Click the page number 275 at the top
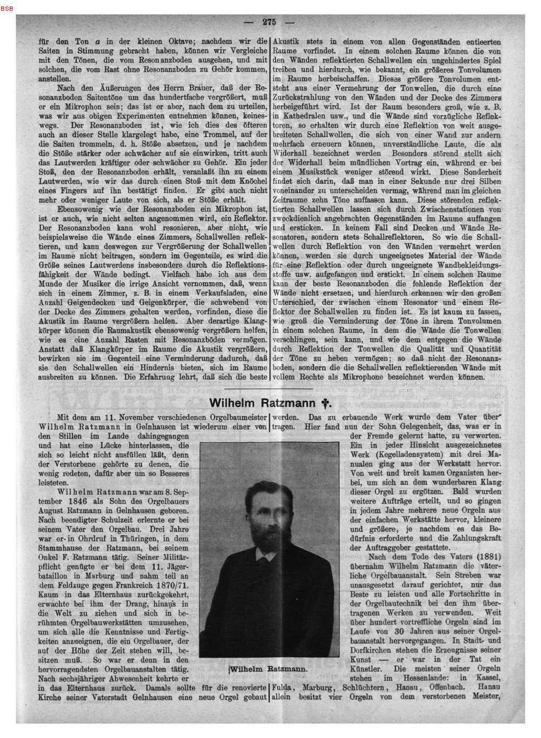(x=269, y=22)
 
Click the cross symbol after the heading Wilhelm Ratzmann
(x=325, y=403)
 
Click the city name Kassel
(x=488, y=677)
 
